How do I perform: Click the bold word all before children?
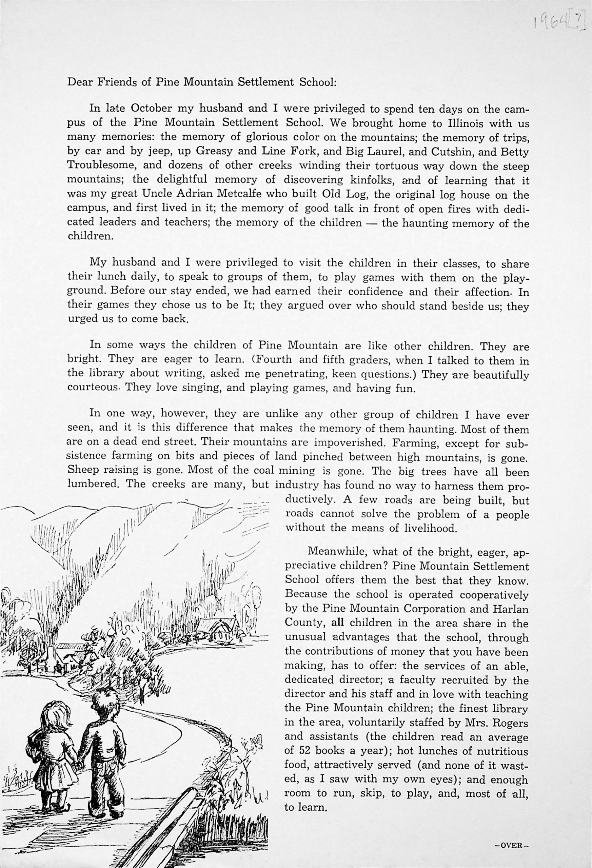click(x=338, y=623)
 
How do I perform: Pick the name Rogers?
click(x=510, y=724)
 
